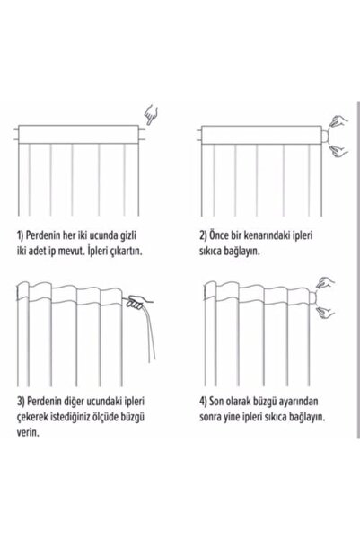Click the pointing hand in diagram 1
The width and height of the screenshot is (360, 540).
(x=151, y=115)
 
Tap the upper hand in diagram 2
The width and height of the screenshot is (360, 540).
(x=338, y=121)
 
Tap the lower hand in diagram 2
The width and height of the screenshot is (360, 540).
(x=338, y=151)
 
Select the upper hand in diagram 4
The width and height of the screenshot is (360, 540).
(x=325, y=282)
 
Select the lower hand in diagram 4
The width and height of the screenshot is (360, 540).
(x=325, y=312)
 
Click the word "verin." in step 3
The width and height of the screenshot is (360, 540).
(x=28, y=433)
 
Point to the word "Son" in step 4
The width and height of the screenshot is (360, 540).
(x=217, y=402)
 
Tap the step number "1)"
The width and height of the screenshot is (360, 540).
(x=21, y=236)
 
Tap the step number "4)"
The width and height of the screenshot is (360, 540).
(x=203, y=402)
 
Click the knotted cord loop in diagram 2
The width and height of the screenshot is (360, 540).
(x=326, y=136)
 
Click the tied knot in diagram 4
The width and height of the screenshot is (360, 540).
(x=312, y=297)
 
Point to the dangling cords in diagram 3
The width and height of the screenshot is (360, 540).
(x=150, y=333)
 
